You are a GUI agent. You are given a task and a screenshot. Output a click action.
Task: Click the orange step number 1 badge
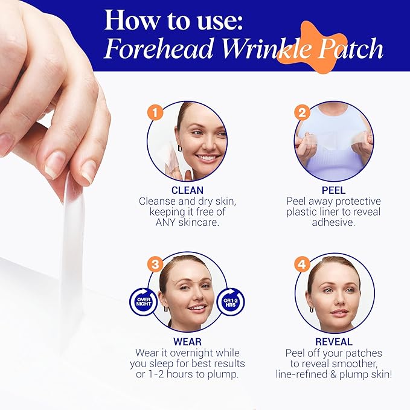156,112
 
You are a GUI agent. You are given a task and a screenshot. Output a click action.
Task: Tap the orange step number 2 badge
302,112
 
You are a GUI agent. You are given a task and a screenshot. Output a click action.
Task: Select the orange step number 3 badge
156,264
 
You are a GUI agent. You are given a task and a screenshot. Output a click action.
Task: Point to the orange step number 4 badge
302,264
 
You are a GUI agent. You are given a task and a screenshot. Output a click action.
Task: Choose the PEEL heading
334,190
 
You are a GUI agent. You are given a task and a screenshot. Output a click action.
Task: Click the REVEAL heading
334,341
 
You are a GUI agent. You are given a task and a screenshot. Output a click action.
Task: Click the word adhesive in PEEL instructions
334,222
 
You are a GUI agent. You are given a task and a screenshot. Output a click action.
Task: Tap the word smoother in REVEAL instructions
353,364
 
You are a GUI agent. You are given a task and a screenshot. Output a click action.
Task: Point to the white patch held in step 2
334,141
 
